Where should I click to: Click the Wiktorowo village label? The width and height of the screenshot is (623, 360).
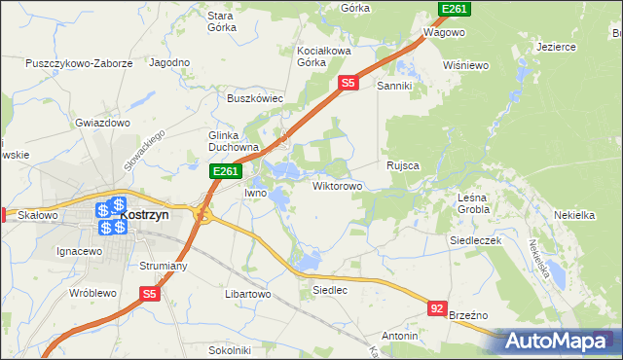coord(338,185)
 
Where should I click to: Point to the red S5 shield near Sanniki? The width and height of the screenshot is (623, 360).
coord(348,85)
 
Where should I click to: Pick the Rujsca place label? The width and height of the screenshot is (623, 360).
coord(403,165)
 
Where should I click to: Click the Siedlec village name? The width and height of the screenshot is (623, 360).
coord(329,290)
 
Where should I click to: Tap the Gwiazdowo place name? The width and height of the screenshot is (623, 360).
coord(102,124)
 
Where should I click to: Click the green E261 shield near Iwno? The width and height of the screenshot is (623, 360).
coord(226,172)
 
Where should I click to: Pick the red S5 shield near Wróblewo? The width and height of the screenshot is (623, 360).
coord(149,293)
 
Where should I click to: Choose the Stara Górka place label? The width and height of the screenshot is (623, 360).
coord(222,21)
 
